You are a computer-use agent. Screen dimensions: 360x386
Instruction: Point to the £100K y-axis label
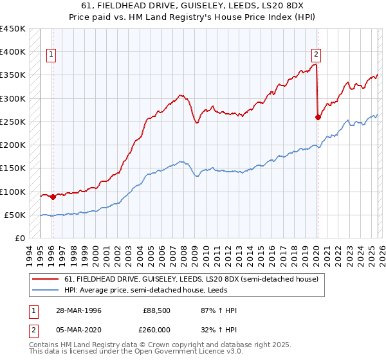[x=13, y=192]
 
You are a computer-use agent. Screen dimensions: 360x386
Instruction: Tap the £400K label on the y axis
[x=13, y=51]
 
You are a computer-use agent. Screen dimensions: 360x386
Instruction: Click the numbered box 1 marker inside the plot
[x=51, y=55]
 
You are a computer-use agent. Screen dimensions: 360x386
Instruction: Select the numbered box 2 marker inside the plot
[x=317, y=55]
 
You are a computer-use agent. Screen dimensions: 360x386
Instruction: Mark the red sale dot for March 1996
[x=53, y=197]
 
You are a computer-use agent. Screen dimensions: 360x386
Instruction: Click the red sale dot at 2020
[x=318, y=117]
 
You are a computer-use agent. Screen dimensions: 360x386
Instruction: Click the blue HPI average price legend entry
[x=179, y=290]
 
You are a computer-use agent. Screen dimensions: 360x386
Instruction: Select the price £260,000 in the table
[x=156, y=328]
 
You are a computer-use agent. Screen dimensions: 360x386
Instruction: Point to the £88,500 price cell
[x=156, y=310]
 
